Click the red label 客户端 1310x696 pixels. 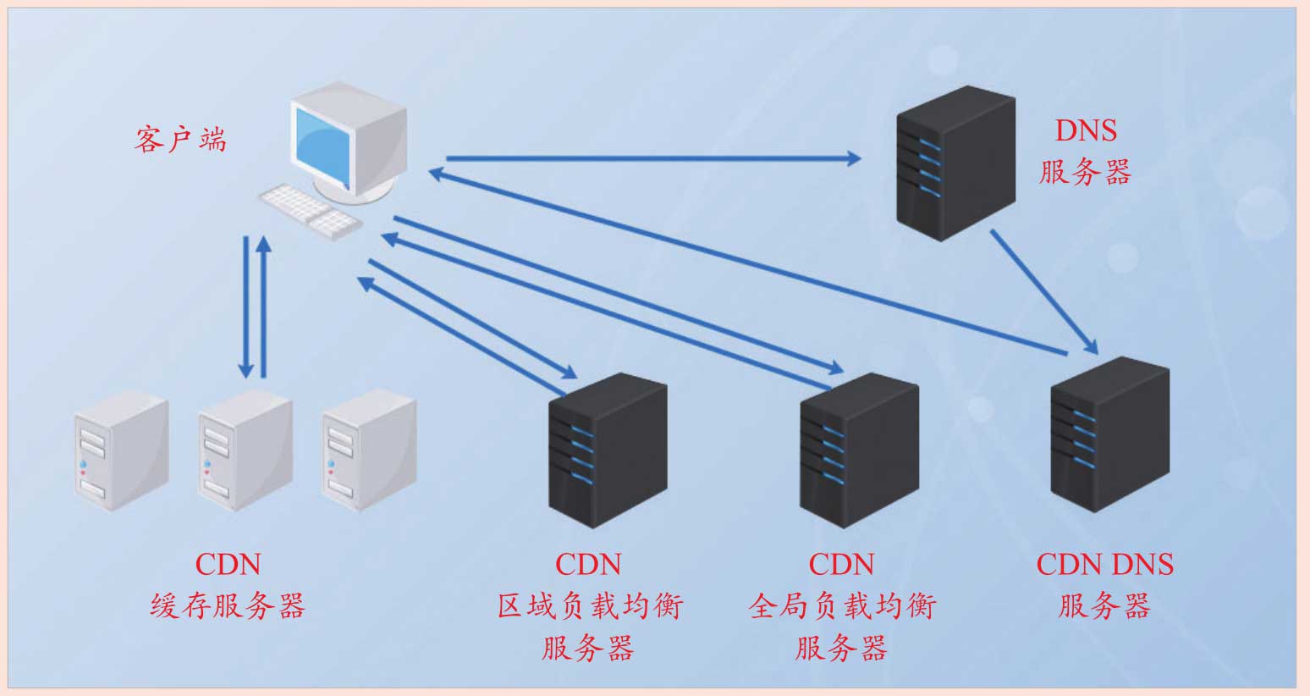180,139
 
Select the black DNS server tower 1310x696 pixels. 955,163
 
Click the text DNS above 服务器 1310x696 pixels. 1086,130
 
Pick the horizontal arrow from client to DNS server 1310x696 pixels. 652,157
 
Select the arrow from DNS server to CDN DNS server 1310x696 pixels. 1043,291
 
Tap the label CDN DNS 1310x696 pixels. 1104,564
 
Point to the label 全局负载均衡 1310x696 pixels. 842,606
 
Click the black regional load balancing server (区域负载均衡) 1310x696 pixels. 608,449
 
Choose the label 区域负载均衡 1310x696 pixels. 589,606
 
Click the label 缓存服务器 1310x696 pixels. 228,606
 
